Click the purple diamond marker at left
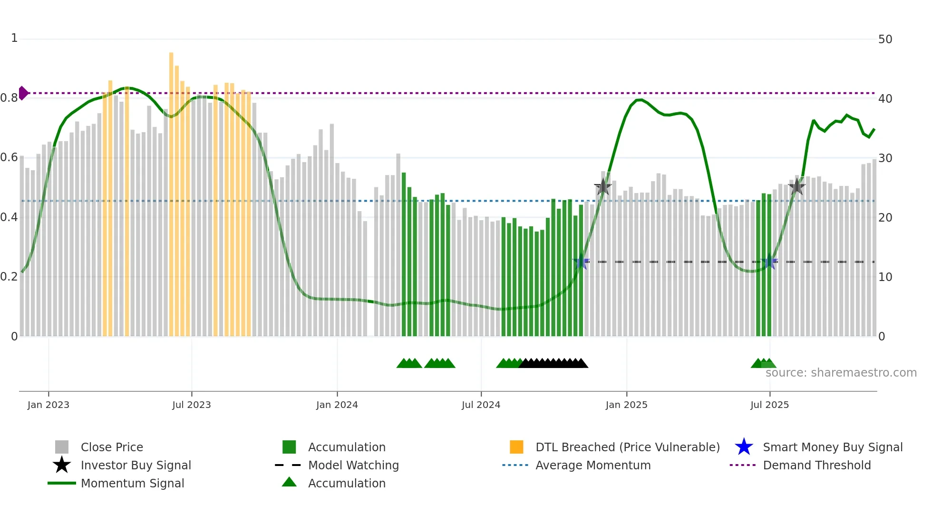click(23, 93)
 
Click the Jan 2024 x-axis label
click(337, 405)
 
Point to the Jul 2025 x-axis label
click(769, 405)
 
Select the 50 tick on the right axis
click(885, 39)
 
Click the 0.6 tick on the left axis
click(9, 157)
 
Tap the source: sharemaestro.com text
click(841, 373)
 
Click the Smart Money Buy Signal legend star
click(744, 447)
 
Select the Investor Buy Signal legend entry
click(136, 465)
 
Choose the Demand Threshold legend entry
click(816, 465)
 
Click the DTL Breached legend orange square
click(516, 447)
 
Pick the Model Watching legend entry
click(353, 465)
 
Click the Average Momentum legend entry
click(592, 465)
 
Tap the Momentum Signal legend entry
click(132, 483)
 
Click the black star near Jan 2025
click(603, 187)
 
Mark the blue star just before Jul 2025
click(769, 262)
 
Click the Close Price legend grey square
click(62, 447)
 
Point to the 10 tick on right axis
click(885, 277)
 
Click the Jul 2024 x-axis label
click(481, 405)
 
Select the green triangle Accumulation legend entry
click(346, 483)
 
